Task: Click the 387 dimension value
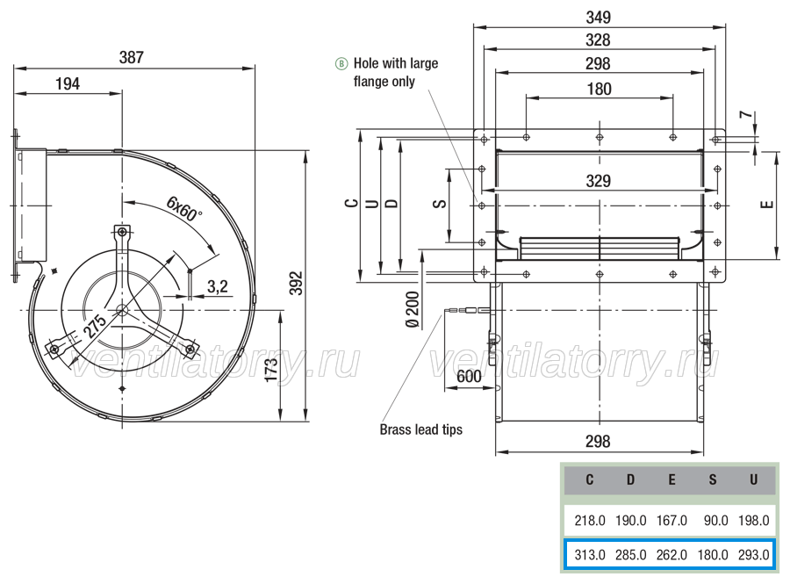coord(132,57)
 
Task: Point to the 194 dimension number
coord(68,83)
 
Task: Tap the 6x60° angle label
coord(184,210)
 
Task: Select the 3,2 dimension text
coord(218,286)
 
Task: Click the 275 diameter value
coord(94,326)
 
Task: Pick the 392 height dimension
coord(297,283)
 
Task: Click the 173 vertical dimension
coord(270,370)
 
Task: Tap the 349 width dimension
coord(599,18)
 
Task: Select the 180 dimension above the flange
coord(599,90)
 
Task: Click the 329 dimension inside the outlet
coord(599,181)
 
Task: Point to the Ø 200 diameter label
coord(413,310)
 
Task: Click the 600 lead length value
coord(469,377)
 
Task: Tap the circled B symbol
coord(341,64)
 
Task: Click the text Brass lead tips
coord(420,429)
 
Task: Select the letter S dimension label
coord(440,204)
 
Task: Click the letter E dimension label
coord(767,205)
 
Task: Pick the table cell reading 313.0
coord(590,555)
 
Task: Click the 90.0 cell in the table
coord(715,520)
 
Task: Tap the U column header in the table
coord(753,479)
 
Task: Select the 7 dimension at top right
coord(748,115)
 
